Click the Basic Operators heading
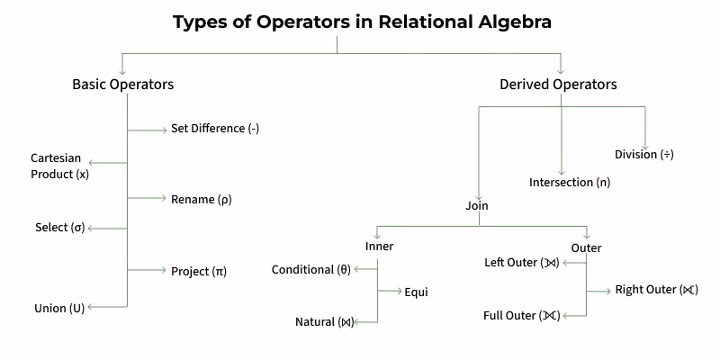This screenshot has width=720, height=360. coord(122,85)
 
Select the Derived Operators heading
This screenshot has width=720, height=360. coord(558,85)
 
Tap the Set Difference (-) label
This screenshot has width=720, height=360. coord(215,129)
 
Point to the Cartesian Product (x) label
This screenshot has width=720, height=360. coord(59,166)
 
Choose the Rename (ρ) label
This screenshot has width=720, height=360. coord(201,199)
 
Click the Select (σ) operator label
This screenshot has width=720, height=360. coord(59,228)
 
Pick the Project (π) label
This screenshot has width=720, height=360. coord(198,271)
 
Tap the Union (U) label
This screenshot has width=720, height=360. coord(59,308)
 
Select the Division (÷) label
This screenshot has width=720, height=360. coord(643,154)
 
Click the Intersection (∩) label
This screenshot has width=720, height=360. coord(569,183)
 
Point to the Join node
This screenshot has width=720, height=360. coord(477,206)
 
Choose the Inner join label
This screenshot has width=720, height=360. coord(379,247)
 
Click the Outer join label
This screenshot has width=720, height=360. coord(586,247)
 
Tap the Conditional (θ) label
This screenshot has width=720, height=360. coord(311,269)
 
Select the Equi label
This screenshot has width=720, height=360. coord(416,292)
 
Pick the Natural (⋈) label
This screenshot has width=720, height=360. coord(325,322)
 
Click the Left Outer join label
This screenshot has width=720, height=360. coord(522,263)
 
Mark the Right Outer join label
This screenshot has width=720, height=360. coord(656,290)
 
